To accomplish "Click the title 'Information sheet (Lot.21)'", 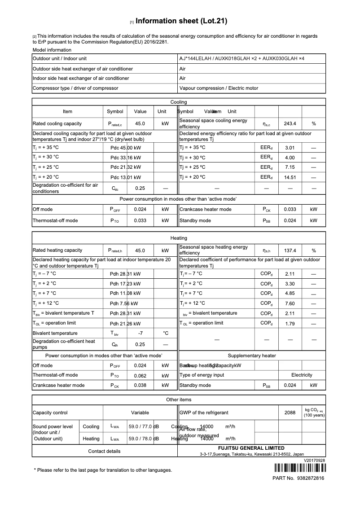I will click(x=181, y=21).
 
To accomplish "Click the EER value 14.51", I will click(x=290, y=177).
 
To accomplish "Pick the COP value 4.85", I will click(x=290, y=294).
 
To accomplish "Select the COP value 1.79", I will click(x=290, y=323).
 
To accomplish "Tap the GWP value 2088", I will click(x=290, y=412).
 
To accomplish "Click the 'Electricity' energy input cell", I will click(x=302, y=375).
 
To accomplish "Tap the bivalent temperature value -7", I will click(x=140, y=333).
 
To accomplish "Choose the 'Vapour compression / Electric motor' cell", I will click(x=219, y=88).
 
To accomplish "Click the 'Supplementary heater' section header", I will click(x=252, y=355).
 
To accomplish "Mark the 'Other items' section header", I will click(x=179, y=399).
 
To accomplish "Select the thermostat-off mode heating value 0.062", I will click(x=140, y=375).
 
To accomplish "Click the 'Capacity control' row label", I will click(x=50, y=412).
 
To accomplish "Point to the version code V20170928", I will click(x=314, y=461).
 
